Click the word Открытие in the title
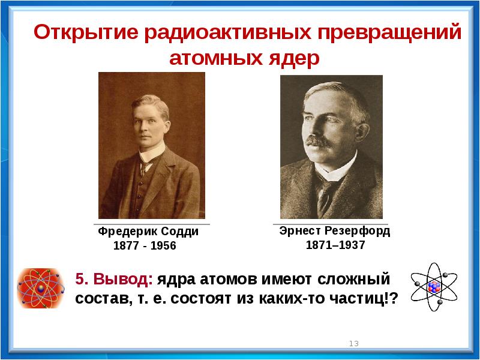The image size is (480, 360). (86, 32)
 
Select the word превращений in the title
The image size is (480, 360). (389, 32)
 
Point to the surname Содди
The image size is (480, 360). (179, 232)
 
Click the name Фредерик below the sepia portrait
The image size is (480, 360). (128, 232)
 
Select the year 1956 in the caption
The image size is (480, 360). (163, 245)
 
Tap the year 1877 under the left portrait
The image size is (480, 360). (126, 245)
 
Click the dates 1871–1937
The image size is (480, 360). (335, 245)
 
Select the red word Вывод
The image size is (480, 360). (123, 279)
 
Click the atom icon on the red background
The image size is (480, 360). (41, 288)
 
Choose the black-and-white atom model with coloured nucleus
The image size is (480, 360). (434, 287)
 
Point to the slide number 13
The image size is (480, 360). (354, 343)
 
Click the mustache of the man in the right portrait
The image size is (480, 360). (318, 142)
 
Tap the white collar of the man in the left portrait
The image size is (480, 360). (152, 153)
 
